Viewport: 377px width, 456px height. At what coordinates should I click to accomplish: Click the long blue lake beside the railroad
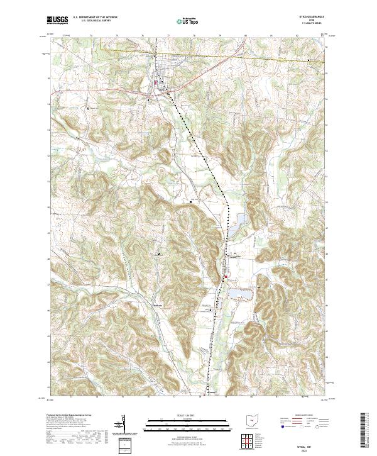(x=239, y=225)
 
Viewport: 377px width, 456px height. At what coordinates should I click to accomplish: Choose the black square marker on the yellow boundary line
(x=309, y=60)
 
